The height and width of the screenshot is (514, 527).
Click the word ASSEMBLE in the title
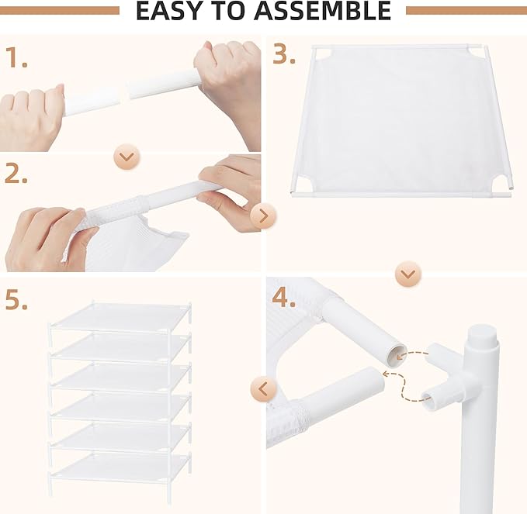pos(325,11)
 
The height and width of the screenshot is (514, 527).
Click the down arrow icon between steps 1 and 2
pos(127,157)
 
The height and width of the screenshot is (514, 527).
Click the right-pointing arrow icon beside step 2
pos(264,216)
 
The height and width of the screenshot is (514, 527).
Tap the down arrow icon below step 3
pos(409,274)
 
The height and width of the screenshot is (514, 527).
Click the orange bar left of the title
pos(60,11)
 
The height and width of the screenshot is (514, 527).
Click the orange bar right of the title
pos(466,11)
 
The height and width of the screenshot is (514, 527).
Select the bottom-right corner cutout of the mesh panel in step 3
pos(498,182)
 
